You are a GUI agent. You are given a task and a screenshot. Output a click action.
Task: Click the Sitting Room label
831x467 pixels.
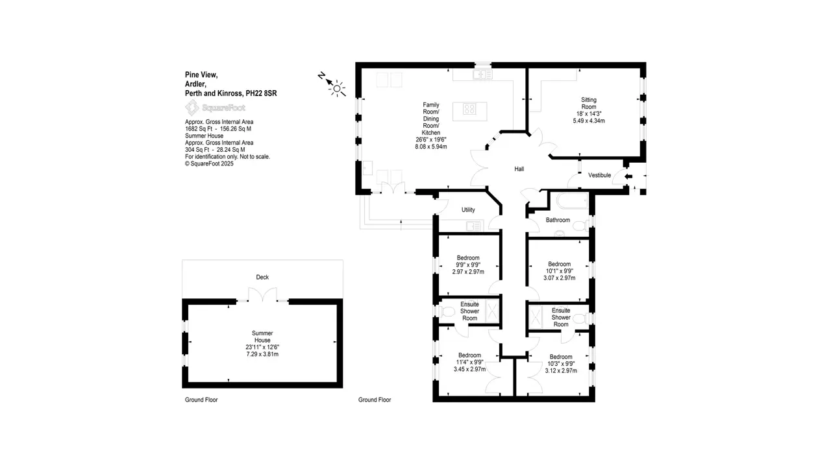click(x=589, y=103)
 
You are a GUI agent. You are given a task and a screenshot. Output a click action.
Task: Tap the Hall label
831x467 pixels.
click(x=519, y=169)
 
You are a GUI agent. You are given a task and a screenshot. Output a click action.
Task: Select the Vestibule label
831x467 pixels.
click(x=599, y=175)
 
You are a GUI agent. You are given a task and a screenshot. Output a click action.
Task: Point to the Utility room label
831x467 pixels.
click(x=468, y=210)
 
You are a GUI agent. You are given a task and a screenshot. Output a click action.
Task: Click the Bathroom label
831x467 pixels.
click(x=558, y=220)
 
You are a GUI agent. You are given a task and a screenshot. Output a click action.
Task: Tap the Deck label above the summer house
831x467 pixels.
click(x=262, y=277)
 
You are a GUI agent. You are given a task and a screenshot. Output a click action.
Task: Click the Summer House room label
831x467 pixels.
click(x=262, y=337)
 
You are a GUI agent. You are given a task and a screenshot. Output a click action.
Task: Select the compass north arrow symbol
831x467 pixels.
click(x=329, y=80)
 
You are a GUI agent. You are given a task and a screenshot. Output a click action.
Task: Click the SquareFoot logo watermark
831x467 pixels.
click(x=215, y=108)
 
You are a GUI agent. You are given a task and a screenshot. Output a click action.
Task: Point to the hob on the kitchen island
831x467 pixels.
click(x=469, y=109)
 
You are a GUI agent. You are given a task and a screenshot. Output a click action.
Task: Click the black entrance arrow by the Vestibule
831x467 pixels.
click(x=628, y=176)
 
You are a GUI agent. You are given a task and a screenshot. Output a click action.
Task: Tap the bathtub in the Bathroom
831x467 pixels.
click(x=572, y=200)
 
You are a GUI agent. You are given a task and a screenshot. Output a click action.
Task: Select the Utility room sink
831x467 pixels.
click(x=473, y=226)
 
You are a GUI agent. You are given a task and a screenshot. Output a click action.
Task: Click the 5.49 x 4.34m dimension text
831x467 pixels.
click(x=589, y=121)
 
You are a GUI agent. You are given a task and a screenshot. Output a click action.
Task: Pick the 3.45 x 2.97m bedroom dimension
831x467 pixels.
click(x=469, y=369)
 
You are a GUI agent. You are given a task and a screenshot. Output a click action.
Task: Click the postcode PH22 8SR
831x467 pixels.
click(x=261, y=93)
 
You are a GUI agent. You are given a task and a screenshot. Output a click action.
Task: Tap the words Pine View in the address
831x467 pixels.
click(x=201, y=75)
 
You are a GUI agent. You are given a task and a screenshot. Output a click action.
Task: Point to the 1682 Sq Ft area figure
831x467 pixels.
click(x=199, y=129)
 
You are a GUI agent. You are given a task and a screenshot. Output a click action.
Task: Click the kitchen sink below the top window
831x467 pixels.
click(x=482, y=75)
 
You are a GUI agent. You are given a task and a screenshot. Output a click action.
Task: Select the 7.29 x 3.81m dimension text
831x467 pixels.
click(x=262, y=354)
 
